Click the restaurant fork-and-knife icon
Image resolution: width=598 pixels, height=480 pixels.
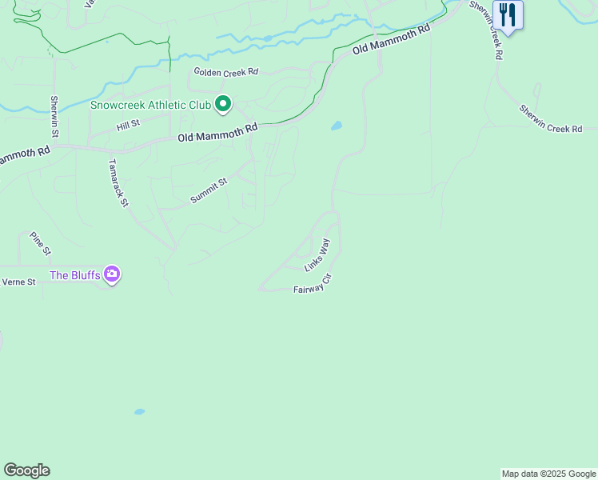[x=507, y=15]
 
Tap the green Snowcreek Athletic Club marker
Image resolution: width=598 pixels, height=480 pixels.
[x=223, y=105]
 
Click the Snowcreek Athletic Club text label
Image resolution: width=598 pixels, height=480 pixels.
[x=150, y=105]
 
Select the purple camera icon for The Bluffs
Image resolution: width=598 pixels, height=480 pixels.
[x=112, y=275]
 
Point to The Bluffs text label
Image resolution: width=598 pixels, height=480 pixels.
[x=75, y=276]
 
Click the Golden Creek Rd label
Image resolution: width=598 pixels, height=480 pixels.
[x=226, y=72]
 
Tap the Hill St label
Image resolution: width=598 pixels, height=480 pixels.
[x=128, y=125]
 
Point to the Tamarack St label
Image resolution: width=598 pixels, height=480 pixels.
[x=118, y=182]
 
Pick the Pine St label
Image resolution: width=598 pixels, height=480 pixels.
[x=40, y=243]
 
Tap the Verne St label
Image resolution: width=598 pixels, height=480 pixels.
[x=19, y=282]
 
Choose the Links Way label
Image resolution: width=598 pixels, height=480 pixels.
[x=317, y=254]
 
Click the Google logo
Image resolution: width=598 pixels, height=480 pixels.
[x=26, y=470]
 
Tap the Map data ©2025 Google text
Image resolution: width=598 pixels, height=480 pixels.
[x=548, y=474]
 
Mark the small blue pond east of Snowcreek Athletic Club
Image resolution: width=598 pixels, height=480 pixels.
[x=337, y=126]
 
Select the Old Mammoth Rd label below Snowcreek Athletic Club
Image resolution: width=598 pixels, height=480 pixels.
[x=218, y=133]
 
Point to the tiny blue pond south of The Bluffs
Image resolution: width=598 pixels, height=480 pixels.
[x=140, y=412]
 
